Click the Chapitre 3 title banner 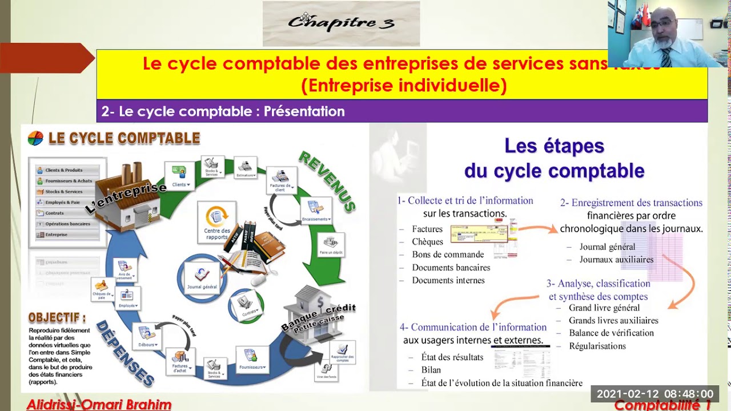(x=341, y=23)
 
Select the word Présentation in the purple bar (x=304, y=111)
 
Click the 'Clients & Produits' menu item (x=64, y=170)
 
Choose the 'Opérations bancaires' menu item (x=67, y=224)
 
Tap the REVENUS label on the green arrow (x=327, y=182)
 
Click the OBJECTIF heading (x=57, y=318)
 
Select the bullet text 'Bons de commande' (x=448, y=255)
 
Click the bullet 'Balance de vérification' (x=611, y=333)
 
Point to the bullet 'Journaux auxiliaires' (x=616, y=260)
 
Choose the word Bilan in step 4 (x=431, y=370)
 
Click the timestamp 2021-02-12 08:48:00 (x=654, y=394)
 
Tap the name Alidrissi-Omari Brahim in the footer (x=99, y=405)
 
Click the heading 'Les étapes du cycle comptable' (x=554, y=158)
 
